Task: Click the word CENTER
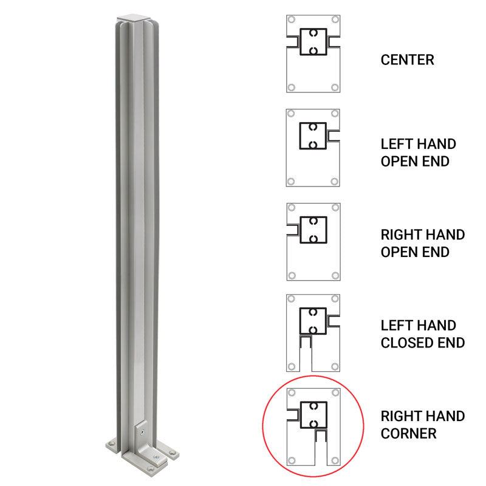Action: pyautogui.click(x=407, y=60)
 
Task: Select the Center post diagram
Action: pyautogui.click(x=313, y=53)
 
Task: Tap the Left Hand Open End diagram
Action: pyautogui.click(x=313, y=148)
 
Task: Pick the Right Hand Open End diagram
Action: pyautogui.click(x=313, y=241)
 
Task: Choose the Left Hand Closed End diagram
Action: pyautogui.click(x=313, y=333)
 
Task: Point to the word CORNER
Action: pyautogui.click(x=408, y=434)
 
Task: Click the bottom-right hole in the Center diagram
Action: pyautogui.click(x=334, y=87)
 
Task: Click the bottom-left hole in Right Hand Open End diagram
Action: pyautogui.click(x=292, y=275)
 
